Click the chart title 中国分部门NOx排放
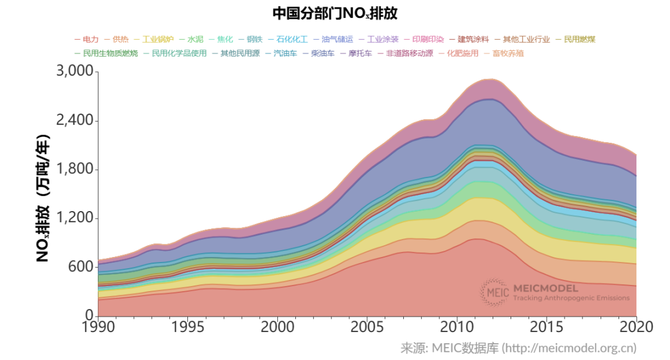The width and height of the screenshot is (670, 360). pos(334,13)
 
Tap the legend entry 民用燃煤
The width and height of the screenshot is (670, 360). pos(579,39)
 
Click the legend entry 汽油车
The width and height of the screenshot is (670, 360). pos(285,53)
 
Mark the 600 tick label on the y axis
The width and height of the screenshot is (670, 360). pos(81,267)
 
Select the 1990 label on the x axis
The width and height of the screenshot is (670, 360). pos(98,327)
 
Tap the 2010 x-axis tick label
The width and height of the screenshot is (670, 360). pos(457,327)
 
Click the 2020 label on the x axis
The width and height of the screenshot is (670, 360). pos(636,327)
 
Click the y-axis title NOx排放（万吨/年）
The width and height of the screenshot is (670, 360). pos(43,197)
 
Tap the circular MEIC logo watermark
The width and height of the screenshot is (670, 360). pos(494,292)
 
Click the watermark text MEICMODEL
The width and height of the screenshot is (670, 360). pos(545,288)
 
